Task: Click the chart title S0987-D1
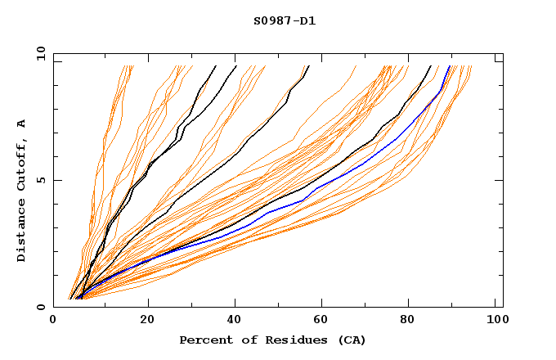(x=285, y=20)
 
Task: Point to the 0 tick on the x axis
(x=53, y=322)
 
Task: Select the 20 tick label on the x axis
(x=147, y=322)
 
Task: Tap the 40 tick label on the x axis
(x=235, y=322)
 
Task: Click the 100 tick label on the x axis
(x=496, y=322)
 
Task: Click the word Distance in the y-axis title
(x=21, y=232)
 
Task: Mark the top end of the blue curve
(x=449, y=66)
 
